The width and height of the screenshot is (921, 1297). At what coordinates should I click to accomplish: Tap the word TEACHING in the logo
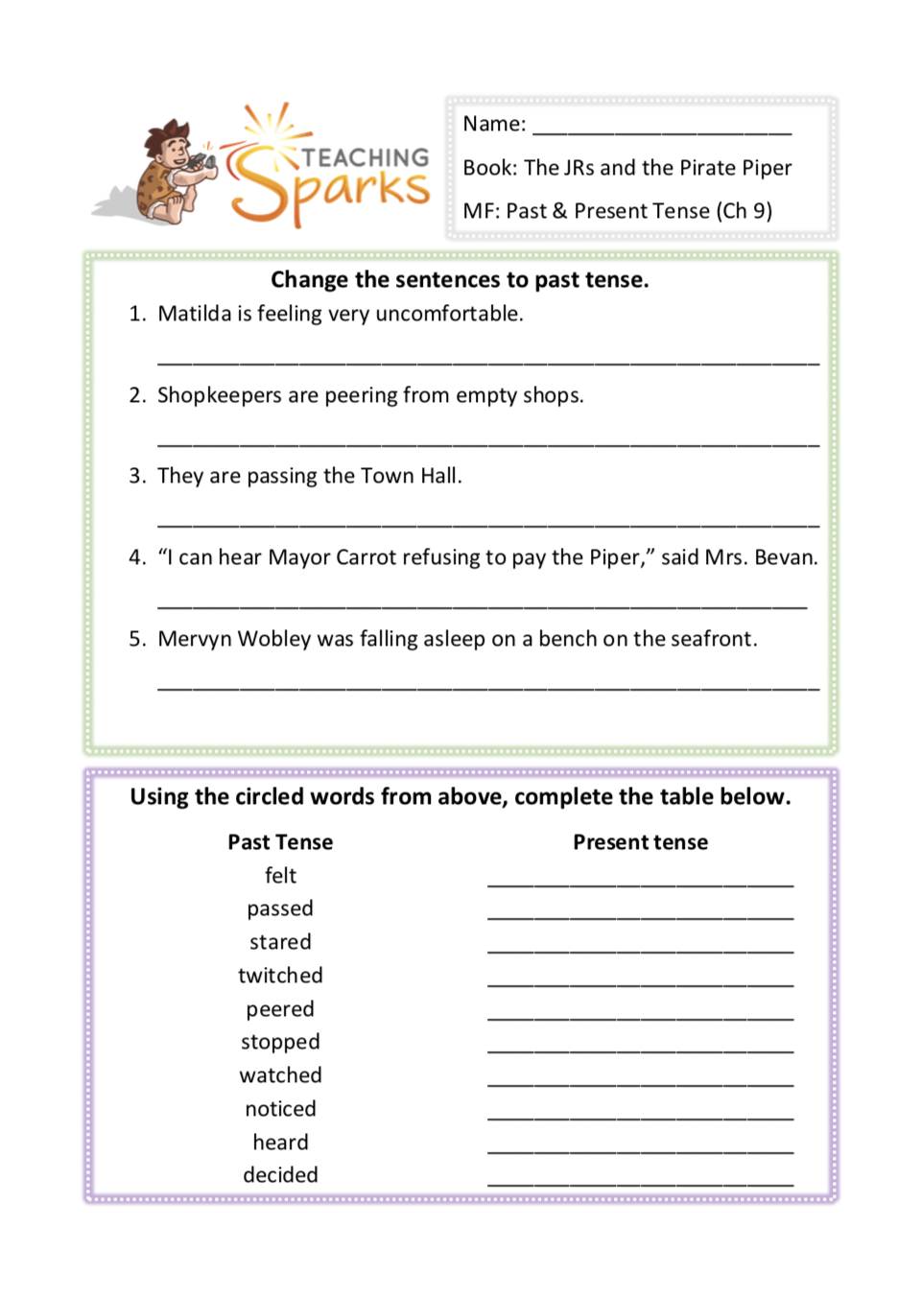(x=366, y=157)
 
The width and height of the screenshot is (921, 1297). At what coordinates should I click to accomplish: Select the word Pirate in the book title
(x=711, y=168)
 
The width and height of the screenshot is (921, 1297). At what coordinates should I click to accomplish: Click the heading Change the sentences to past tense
(x=460, y=280)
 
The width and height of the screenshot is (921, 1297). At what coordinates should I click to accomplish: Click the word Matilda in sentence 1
(x=195, y=314)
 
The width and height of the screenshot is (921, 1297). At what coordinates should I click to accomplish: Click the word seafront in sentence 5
(x=713, y=639)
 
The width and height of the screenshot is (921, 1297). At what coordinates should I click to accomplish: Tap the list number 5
(x=136, y=639)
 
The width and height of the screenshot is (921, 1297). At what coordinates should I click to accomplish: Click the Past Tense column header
(x=280, y=842)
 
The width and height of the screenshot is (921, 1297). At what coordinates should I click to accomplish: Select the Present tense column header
(x=640, y=842)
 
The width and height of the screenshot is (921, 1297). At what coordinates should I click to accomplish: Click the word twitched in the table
(x=280, y=976)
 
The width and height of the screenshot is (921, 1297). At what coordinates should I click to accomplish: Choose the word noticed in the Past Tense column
(x=280, y=1109)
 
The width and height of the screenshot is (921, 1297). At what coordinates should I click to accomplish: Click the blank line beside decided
(x=640, y=1183)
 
